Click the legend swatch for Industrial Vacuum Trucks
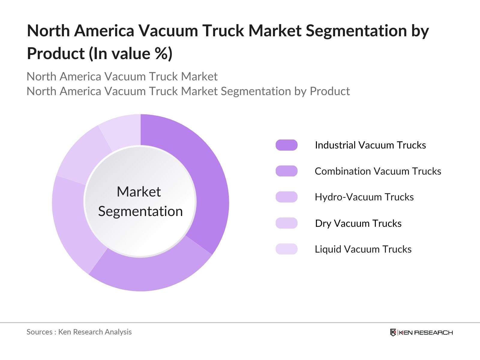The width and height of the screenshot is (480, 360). pos(286,145)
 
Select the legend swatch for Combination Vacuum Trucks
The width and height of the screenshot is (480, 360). pos(286,171)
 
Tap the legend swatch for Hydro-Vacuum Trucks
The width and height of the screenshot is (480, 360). pos(286,197)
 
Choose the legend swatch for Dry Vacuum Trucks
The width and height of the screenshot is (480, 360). pos(286,223)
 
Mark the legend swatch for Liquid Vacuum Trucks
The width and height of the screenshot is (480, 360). pos(286,249)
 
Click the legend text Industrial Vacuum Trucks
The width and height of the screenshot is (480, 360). pos(370,145)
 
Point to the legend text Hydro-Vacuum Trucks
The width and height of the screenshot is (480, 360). pos(364,197)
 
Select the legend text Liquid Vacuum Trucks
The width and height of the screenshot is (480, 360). pos(363,249)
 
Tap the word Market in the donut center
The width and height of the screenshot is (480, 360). pos(139,192)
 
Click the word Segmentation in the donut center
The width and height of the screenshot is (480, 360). pos(140,211)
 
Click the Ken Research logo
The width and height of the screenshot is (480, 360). pos(421,332)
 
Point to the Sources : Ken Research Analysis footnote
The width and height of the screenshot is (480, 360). pos(79,332)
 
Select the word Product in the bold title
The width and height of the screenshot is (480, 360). pos(56,54)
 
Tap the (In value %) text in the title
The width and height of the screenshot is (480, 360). pos(130,54)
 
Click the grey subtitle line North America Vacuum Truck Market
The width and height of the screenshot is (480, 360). pos(122,76)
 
